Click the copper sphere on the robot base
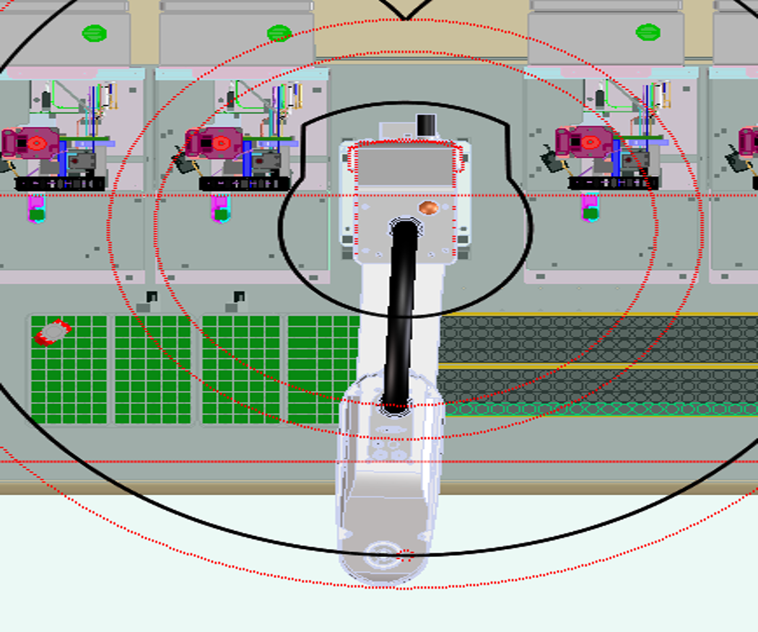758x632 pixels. point(428,208)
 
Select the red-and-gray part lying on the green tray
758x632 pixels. point(53,332)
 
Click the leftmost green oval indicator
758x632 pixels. point(94,33)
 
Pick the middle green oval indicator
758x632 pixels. point(279,33)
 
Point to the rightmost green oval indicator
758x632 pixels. point(648,32)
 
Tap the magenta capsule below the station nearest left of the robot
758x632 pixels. point(221,210)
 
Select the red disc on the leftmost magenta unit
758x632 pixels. point(37,144)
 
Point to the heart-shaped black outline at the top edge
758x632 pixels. point(406,9)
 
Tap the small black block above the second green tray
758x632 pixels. point(152,297)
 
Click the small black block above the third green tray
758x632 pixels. point(239,297)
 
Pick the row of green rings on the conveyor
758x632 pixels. point(599,409)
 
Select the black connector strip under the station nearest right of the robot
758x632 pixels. point(614,183)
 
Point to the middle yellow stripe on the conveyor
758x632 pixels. point(599,367)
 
